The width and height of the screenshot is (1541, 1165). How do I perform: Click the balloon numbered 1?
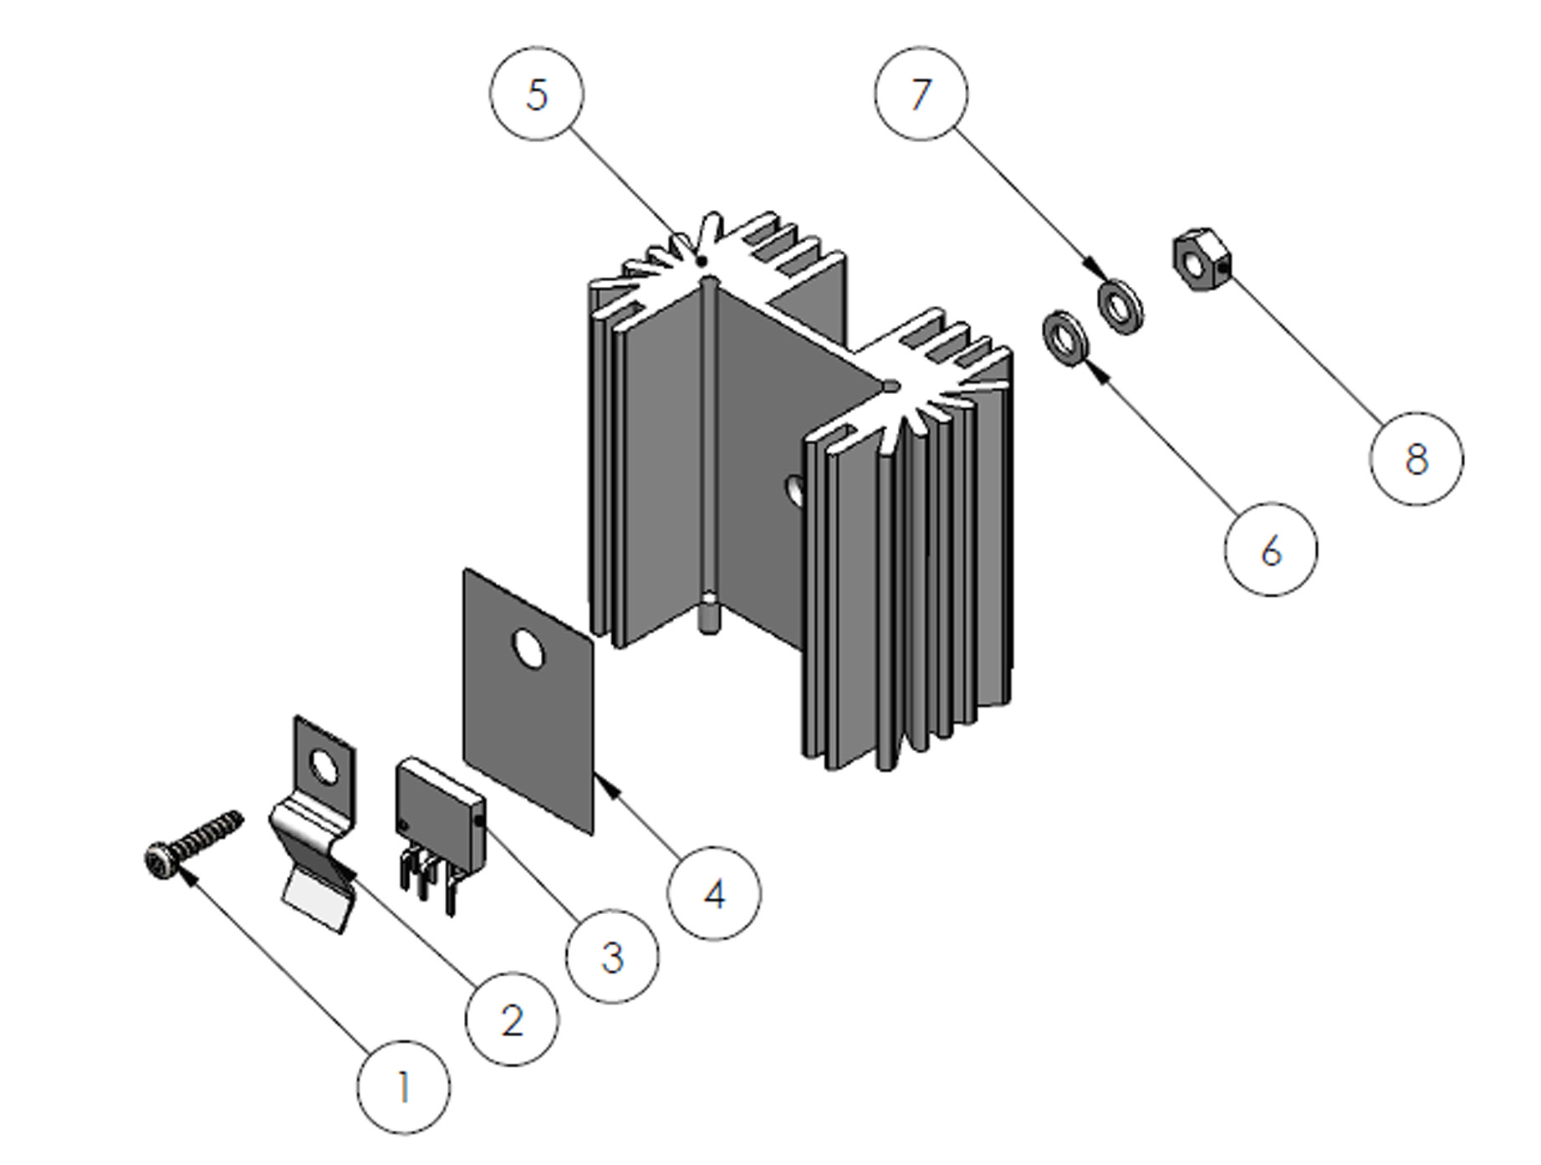403,1087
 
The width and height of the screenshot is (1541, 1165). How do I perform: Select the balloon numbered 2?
512,1019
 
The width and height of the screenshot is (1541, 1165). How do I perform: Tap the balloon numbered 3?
612,956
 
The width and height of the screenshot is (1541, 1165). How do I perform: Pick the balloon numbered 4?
714,894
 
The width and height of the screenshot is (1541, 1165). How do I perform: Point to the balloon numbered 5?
536,94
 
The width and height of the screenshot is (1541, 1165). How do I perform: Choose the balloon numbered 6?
1270,549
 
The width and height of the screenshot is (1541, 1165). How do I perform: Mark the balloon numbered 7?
921,93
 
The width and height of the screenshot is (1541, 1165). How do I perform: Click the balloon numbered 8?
1416,458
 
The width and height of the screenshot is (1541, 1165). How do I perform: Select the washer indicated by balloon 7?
1120,308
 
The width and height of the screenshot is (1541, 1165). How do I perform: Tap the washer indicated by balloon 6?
1064,337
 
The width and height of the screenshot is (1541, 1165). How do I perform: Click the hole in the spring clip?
324,766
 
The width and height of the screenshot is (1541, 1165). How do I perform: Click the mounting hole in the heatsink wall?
794,491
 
